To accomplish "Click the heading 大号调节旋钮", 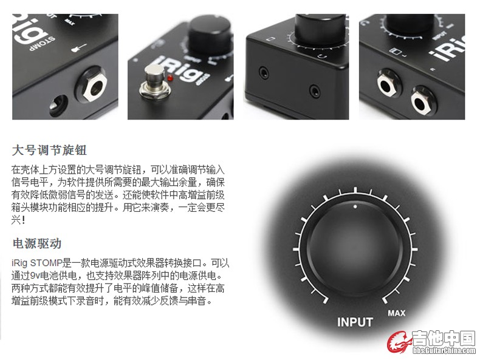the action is point(49,150).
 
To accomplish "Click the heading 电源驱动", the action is point(37,243).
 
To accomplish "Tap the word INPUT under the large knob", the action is point(355,322).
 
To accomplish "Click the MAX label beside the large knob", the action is point(396,313).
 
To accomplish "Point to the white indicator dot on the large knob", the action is point(355,206).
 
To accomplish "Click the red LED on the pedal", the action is point(170,78).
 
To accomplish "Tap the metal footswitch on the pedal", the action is point(154,82).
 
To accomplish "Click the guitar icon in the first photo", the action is point(79,48).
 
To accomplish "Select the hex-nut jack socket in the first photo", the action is point(94,87).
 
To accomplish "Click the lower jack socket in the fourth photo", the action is point(423,102).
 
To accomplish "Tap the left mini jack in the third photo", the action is point(264,73).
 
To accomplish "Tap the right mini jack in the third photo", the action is point(315,91).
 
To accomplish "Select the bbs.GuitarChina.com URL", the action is point(444,350).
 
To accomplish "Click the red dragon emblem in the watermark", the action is point(399,342).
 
